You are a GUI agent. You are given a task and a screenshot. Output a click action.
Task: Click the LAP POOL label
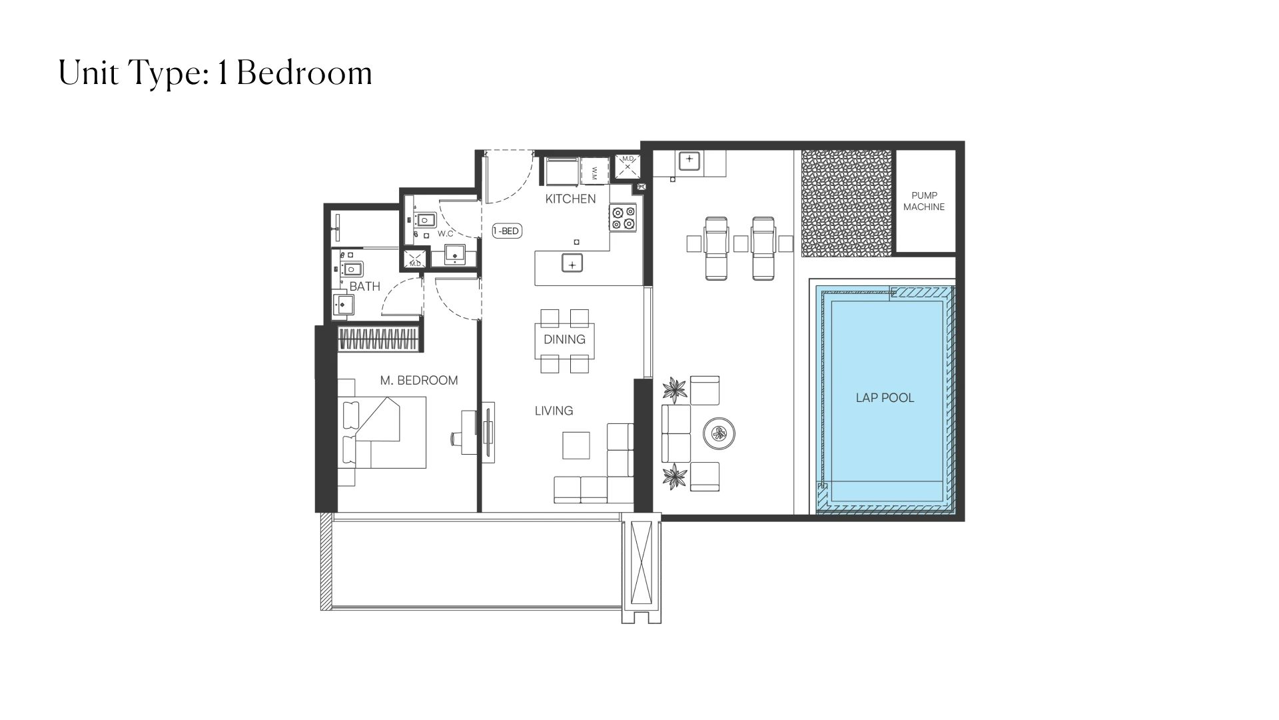[x=885, y=398]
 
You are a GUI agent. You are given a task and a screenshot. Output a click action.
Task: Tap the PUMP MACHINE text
[x=924, y=201]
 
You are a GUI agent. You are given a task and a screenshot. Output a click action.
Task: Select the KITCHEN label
[x=570, y=199]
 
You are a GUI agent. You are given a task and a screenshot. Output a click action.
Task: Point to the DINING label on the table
[x=564, y=339]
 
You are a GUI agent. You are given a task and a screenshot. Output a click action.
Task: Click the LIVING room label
[x=554, y=411]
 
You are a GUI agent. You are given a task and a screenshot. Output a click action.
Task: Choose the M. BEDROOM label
[x=419, y=381]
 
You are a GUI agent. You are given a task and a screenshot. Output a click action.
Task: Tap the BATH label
[x=364, y=287]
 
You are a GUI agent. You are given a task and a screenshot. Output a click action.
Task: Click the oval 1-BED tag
[x=506, y=231]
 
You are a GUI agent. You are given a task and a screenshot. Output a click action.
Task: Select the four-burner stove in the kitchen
[x=624, y=219]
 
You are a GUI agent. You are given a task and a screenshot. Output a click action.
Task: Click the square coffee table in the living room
[x=576, y=445]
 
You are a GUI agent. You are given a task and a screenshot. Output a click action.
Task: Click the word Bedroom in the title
[x=304, y=73]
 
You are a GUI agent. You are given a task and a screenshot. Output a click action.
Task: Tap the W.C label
[x=446, y=234]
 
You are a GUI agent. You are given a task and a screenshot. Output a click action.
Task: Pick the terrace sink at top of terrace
[x=688, y=161]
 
